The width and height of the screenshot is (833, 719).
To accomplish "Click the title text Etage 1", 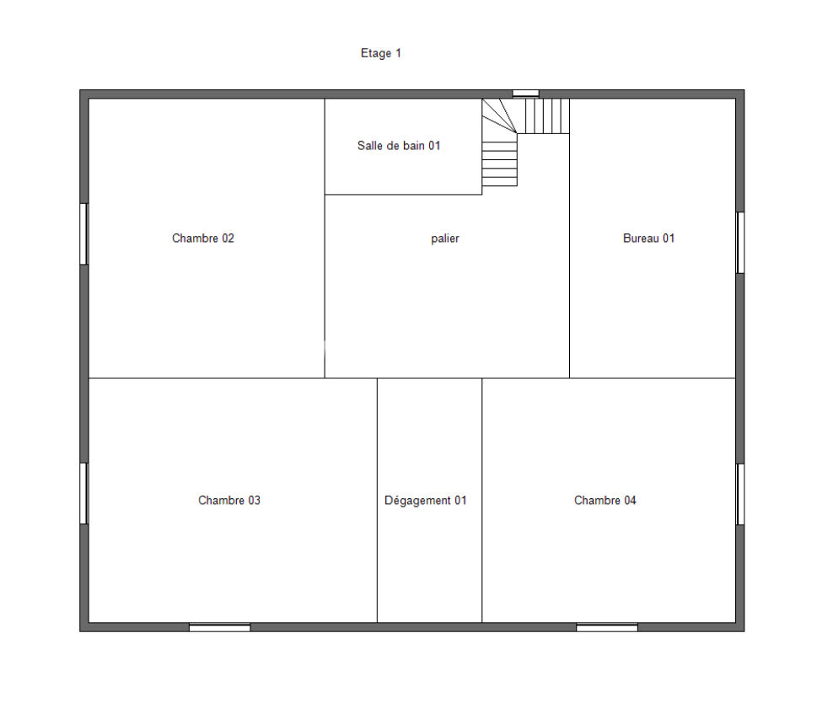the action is point(381,53).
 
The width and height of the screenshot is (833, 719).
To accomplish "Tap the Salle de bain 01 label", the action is point(399,146).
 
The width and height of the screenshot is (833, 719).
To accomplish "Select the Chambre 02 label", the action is point(203,238).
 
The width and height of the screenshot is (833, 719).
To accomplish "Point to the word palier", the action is point(445,239).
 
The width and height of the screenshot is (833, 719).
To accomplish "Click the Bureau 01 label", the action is point(648,238).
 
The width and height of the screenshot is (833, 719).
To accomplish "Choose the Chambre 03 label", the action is point(229,500).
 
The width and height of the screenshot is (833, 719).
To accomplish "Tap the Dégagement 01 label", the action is point(426,500).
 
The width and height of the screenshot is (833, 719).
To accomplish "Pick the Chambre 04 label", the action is point(605,500).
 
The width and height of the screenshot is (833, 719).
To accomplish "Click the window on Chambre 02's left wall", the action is point(83,233).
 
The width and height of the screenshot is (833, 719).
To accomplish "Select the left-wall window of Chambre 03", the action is point(83,493).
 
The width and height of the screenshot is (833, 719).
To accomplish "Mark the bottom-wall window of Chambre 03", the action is point(220,627).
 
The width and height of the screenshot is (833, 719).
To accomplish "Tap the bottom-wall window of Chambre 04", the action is point(607,627).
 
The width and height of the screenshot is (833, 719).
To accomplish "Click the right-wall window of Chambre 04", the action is point(740,495).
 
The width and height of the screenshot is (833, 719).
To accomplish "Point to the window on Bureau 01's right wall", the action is point(740,243).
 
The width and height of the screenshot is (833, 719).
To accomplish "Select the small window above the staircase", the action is point(526,94).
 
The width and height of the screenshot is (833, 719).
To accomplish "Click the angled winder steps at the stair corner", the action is point(499,115).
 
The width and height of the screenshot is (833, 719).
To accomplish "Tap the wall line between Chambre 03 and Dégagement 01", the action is point(377,500).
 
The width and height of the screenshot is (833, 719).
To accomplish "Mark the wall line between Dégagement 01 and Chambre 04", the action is point(482,500).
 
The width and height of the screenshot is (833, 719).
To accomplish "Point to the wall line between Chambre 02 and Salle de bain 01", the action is point(325,147).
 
